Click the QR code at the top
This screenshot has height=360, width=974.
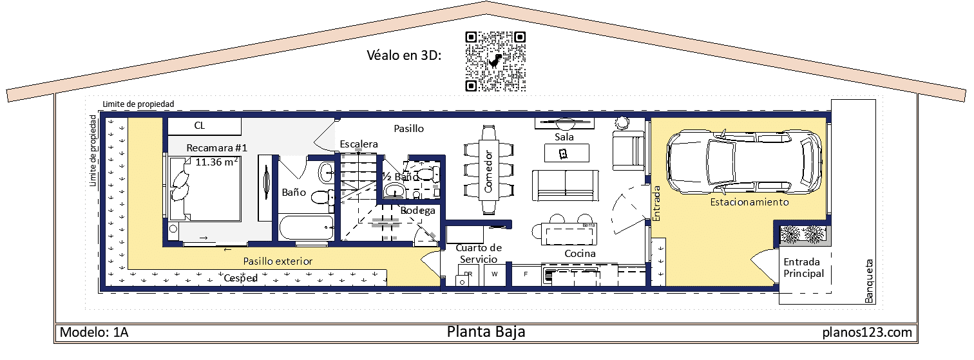point(495,62)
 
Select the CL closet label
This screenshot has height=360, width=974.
point(199,126)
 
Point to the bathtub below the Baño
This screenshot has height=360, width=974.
point(306,228)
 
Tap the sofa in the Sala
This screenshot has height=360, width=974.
point(566,185)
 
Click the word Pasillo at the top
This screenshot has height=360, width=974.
point(409,129)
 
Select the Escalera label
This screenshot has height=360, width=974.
point(359,144)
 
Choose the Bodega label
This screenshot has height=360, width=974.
point(418,211)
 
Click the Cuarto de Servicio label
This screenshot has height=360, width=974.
point(478,253)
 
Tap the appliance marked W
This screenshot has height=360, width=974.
point(495,274)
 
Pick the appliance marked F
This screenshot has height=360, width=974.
point(526,274)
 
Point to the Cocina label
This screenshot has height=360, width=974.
point(580,254)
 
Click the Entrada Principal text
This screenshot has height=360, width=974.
point(803,268)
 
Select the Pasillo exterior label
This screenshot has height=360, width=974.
point(278,261)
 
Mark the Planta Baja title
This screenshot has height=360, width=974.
point(486,332)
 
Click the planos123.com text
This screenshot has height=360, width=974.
point(867,332)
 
